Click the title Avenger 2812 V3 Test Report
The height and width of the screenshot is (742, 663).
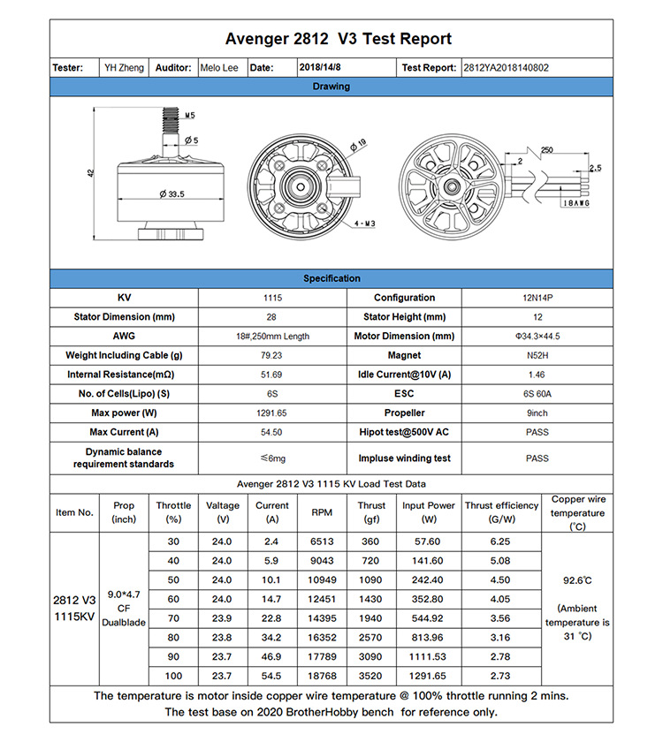pyautogui.click(x=338, y=39)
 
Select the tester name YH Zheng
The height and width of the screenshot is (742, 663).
pyautogui.click(x=124, y=68)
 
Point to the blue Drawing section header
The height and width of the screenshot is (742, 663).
pyautogui.click(x=331, y=87)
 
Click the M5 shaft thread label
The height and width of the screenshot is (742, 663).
pyautogui.click(x=190, y=115)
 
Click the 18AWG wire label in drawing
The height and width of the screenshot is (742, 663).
pyautogui.click(x=575, y=203)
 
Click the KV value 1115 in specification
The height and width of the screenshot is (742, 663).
pyautogui.click(x=272, y=299)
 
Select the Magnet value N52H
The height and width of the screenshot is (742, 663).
pyautogui.click(x=537, y=356)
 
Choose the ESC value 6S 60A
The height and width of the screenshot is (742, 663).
pyautogui.click(x=537, y=394)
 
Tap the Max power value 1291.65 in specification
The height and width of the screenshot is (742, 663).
pyautogui.click(x=272, y=413)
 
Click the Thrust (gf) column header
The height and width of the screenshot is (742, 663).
pyautogui.click(x=371, y=512)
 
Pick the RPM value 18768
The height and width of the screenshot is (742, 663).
pyautogui.click(x=322, y=676)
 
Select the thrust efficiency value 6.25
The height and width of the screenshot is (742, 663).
pyautogui.click(x=499, y=541)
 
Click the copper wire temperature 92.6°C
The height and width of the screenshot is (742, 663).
pyautogui.click(x=577, y=581)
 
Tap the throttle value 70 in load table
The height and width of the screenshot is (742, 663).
pyautogui.click(x=173, y=618)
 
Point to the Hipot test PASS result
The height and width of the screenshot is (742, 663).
pyautogui.click(x=537, y=433)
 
